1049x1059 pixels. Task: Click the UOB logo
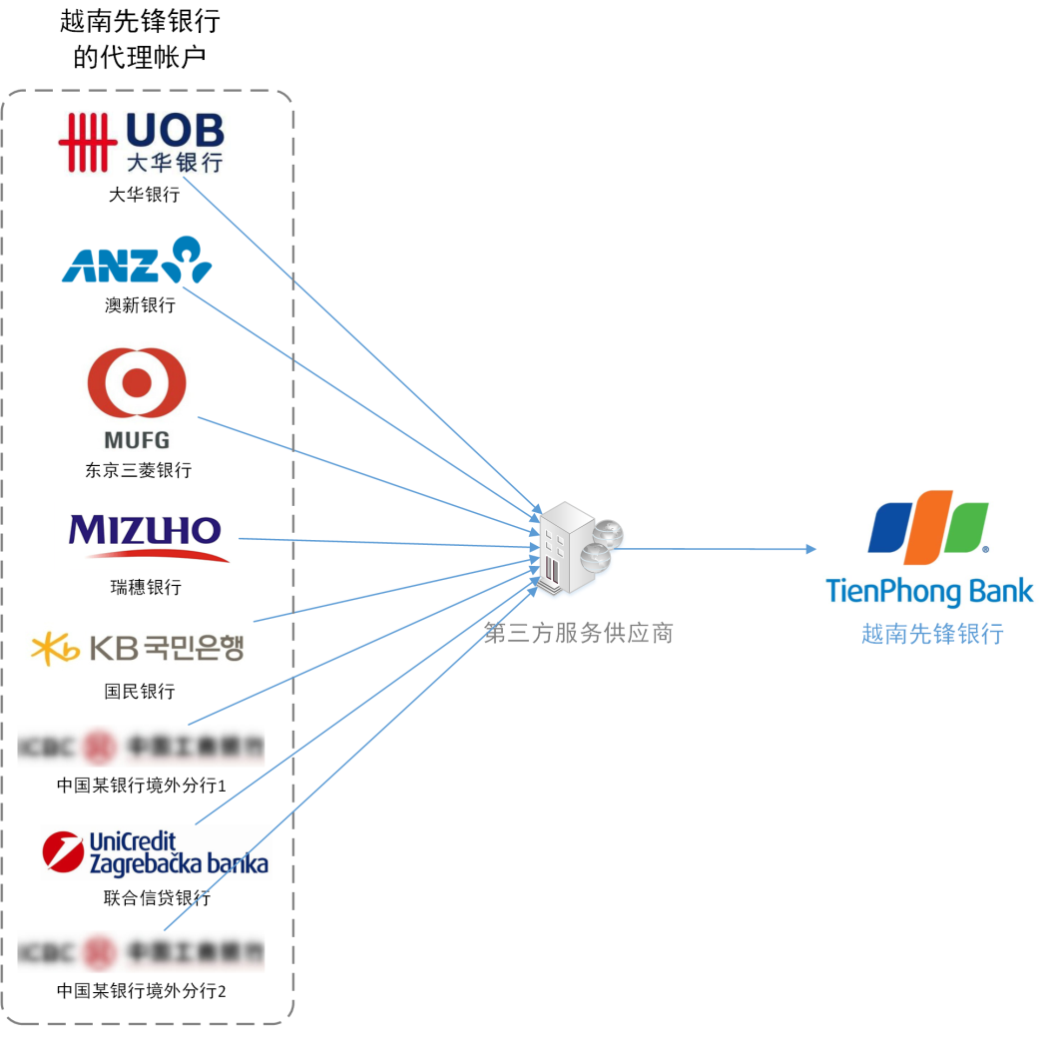[141, 143]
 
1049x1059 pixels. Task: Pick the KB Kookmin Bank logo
[138, 649]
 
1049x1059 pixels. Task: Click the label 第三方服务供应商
[578, 633]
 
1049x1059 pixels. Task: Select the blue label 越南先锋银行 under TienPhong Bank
[931, 634]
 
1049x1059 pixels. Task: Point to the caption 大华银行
[144, 195]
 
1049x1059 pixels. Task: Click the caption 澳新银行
[140, 305]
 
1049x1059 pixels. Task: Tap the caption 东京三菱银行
[138, 469]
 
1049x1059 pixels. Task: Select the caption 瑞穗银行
[146, 588]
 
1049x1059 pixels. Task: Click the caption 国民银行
[140, 691]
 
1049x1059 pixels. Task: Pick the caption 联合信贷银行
[157, 897]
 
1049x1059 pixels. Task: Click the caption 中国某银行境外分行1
[142, 786]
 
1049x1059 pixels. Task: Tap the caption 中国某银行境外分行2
[142, 991]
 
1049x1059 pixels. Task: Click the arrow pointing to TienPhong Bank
[719, 549]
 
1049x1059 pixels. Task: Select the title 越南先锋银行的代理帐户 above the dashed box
[140, 40]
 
